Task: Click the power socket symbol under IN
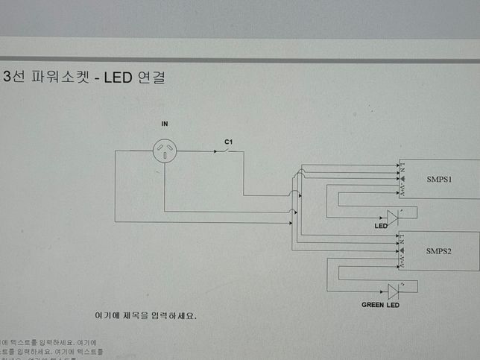165,152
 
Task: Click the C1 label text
229,140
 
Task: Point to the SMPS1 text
440,180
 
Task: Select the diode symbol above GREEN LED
392,291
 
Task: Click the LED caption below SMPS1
381,225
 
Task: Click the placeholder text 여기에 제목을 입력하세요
146,315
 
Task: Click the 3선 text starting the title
17,78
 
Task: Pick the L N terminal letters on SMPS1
403,168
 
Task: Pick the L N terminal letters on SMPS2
403,239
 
